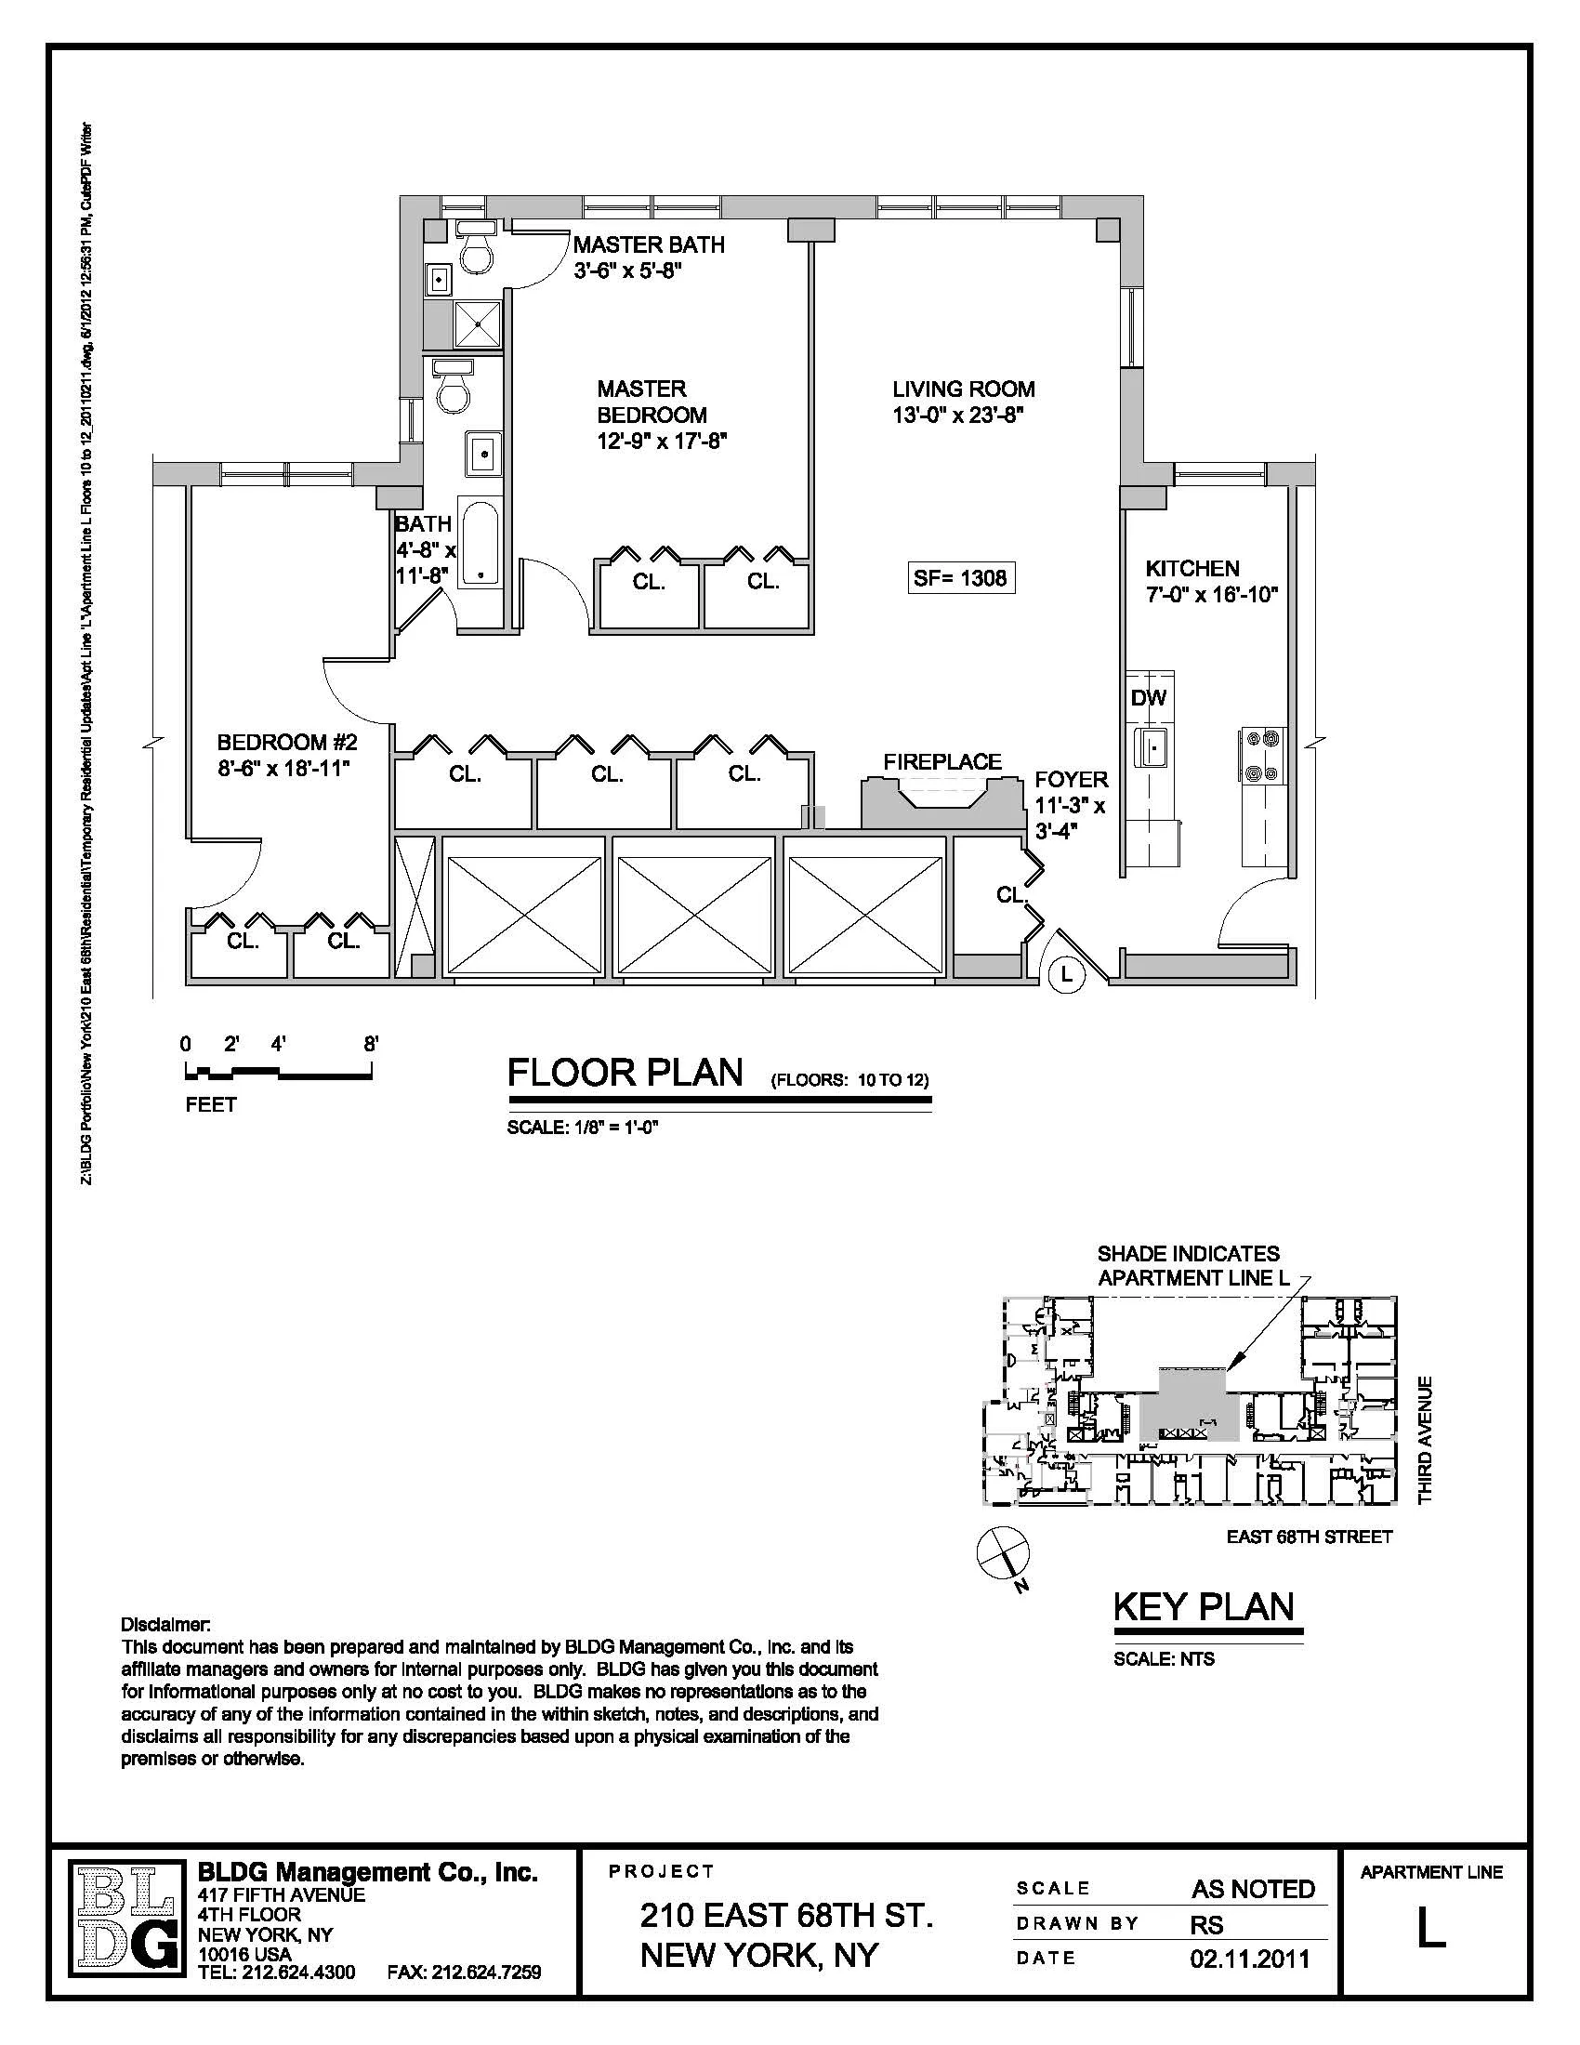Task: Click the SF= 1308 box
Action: click(x=961, y=578)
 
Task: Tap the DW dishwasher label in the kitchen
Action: click(x=1148, y=697)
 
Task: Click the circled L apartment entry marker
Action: click(x=1066, y=975)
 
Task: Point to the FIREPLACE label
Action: click(x=941, y=761)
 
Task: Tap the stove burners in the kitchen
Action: click(x=1262, y=756)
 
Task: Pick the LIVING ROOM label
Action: click(x=962, y=389)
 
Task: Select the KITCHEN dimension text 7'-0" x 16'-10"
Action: click(x=1211, y=595)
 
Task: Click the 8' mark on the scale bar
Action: click(x=371, y=1044)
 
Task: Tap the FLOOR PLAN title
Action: click(x=625, y=1073)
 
